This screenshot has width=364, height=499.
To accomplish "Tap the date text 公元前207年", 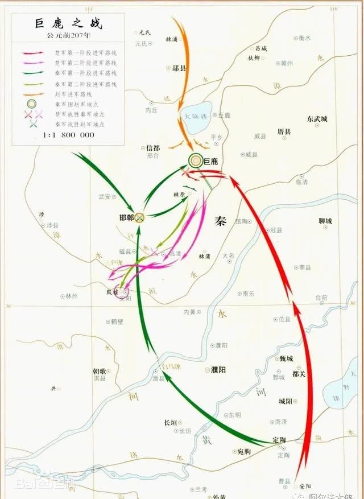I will coord(66,35).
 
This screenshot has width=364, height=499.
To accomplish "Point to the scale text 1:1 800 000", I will coord(68,135).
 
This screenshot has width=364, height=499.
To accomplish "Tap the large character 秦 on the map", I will coord(221,221).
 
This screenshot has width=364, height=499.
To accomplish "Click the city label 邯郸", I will coord(126,218).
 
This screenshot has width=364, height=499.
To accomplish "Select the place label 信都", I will coord(154,147).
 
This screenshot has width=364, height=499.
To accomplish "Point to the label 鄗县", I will coord(179,68).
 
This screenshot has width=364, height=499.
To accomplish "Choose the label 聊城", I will coord(325,221).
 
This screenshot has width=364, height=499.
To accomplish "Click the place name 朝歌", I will coord(100,371).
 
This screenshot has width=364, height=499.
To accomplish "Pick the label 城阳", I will coord(286,401).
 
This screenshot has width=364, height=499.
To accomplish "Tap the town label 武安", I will coord(105,196).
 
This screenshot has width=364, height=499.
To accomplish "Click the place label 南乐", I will coord(249,294).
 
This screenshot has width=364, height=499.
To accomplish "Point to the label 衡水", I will coord(305,38).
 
